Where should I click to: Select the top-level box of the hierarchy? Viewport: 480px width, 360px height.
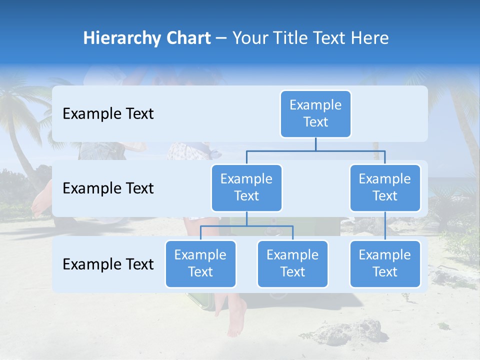click(x=315, y=113)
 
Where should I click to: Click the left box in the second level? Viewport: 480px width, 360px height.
click(x=246, y=187)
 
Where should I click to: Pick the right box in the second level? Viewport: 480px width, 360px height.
click(x=385, y=187)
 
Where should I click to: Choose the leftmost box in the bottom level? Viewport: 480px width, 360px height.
click(x=200, y=263)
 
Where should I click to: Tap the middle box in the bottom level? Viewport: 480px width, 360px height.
click(x=292, y=263)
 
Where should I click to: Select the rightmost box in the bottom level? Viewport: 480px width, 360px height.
click(x=385, y=263)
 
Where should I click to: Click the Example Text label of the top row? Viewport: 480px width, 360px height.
click(x=108, y=114)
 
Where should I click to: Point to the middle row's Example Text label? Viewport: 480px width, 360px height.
click(x=108, y=188)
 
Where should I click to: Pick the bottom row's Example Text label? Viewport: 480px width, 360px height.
click(x=108, y=264)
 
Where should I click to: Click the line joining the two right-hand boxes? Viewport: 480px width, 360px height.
click(x=385, y=226)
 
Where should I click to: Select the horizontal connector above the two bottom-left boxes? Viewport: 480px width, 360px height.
click(x=246, y=226)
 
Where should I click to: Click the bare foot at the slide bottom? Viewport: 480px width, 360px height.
click(x=236, y=320)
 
